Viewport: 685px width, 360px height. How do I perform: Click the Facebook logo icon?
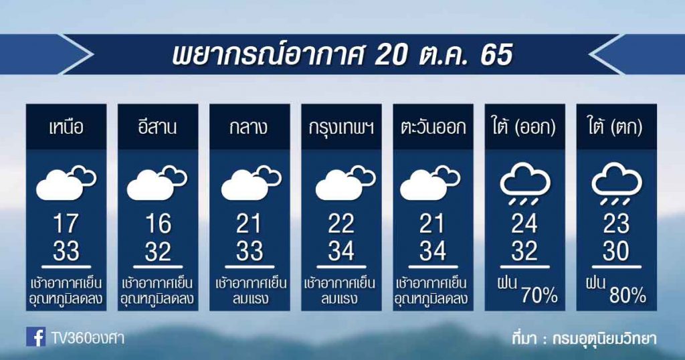[x=36, y=337]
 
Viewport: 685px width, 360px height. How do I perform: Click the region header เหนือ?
[x=66, y=127]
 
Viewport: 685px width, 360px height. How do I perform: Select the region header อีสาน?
[x=157, y=127]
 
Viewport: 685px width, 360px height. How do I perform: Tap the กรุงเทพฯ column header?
[x=341, y=128]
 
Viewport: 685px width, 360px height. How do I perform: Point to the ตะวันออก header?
[x=433, y=127]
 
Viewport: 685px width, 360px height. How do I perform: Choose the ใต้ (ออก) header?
[x=524, y=126]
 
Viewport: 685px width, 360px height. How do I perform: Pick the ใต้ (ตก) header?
[x=616, y=126]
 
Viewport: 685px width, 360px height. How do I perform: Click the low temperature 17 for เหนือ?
[x=66, y=223]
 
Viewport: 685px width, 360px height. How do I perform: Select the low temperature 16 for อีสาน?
[x=158, y=223]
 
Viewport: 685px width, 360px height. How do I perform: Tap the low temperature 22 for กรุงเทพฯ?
[x=341, y=223]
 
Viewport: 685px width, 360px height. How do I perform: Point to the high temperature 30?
[x=616, y=251]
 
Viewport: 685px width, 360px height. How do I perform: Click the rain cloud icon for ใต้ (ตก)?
[x=616, y=183]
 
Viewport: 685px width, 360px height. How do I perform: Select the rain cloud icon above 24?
[x=524, y=183]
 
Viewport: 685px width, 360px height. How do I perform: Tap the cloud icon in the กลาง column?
[x=252, y=183]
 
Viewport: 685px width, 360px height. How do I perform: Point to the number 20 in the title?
[x=391, y=55]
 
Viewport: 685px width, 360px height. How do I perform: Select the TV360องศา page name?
[x=88, y=337]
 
